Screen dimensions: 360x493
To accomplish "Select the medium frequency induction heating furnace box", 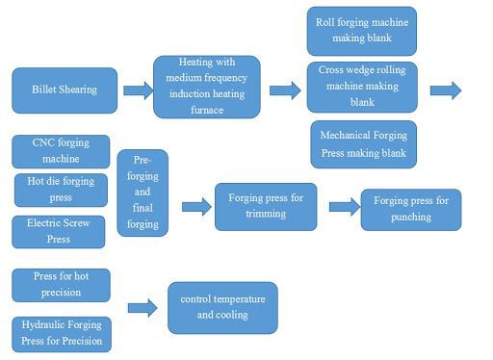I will (206, 88).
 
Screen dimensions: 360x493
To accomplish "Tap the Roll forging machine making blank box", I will (361, 31).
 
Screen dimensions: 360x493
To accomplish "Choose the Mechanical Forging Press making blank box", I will (364, 144).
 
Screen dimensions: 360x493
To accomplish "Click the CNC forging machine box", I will (61, 151).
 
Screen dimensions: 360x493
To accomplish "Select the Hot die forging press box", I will (60, 190).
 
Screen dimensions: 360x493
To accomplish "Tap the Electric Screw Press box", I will (60, 231).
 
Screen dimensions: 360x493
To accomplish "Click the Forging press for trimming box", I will (265, 206).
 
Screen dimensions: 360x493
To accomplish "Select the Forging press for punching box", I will (411, 209).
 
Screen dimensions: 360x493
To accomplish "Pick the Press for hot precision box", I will (61, 285).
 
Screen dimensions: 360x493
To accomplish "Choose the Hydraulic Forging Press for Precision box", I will (61, 333).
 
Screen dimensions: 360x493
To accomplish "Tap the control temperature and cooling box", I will (222, 307).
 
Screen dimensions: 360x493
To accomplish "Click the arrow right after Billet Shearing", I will (137, 90).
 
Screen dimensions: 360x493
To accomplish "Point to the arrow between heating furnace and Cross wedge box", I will (284, 90).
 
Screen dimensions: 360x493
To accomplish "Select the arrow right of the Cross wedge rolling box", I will (445, 90).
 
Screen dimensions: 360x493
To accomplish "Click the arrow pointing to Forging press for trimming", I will (195, 206).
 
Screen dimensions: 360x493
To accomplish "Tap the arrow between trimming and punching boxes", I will (343, 206).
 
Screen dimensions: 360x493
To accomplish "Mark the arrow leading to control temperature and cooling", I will (142, 307).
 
